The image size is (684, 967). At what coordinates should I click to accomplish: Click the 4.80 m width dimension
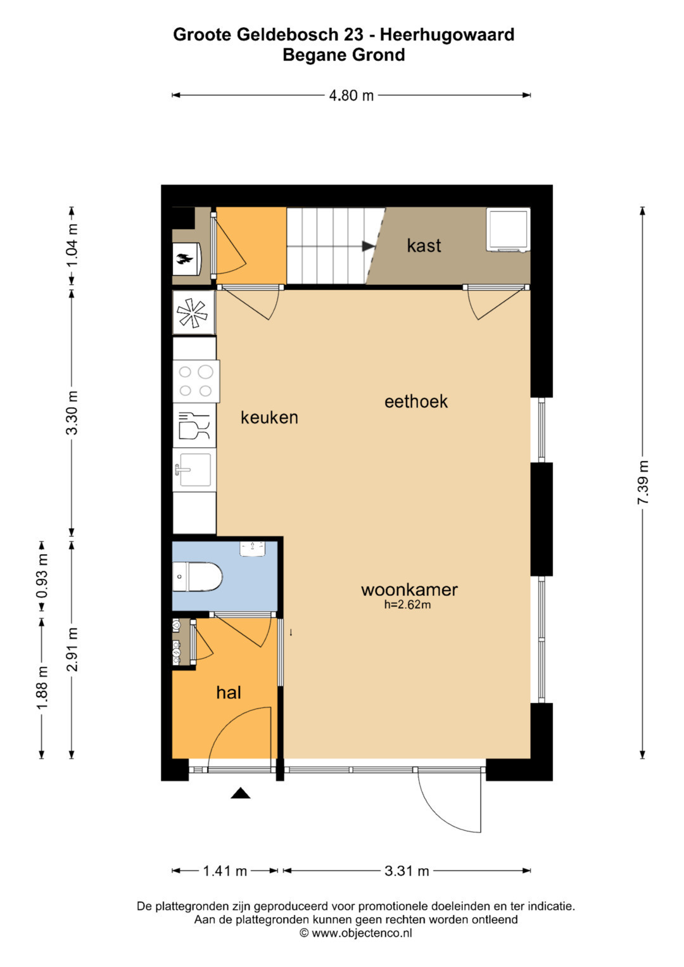coord(351,95)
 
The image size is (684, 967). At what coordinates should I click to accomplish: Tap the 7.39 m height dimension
coord(643,482)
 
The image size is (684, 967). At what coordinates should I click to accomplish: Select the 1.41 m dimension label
coord(225,871)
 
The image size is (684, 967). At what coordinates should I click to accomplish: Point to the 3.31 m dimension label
coord(407,871)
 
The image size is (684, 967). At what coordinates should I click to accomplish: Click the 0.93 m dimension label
coord(42,576)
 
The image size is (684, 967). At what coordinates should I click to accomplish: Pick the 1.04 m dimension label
coord(72,246)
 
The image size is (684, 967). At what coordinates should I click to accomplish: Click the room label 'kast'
coord(424,246)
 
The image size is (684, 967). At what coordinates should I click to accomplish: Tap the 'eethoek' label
coord(416,401)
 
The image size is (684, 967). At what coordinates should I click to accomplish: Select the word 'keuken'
coord(269,417)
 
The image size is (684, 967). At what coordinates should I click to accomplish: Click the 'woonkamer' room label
coord(409,590)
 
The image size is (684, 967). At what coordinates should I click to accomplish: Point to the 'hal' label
coord(229,692)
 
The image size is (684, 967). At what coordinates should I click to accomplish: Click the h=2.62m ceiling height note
coord(407,605)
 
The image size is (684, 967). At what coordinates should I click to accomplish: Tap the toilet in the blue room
coord(198,577)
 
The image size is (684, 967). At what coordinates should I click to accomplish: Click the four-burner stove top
coord(196,382)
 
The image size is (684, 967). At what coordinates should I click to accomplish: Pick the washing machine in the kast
coord(508,230)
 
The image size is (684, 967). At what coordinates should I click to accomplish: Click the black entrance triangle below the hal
coord(241,793)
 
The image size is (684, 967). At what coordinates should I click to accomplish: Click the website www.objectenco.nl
coord(362,933)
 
